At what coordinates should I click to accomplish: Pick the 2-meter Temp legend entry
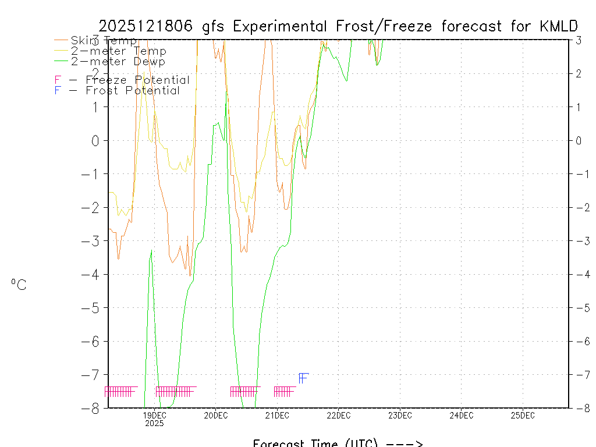click(118, 51)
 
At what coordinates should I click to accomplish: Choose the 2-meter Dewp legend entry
click(118, 62)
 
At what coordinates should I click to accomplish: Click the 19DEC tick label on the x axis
click(154, 416)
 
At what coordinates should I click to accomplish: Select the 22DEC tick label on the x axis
click(338, 416)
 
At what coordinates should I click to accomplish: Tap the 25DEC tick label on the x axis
click(523, 416)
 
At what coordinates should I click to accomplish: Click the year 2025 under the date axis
click(154, 424)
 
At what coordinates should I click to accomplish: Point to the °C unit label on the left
click(19, 285)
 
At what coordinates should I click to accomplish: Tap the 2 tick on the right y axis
click(579, 73)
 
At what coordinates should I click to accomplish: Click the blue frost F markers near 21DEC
click(303, 378)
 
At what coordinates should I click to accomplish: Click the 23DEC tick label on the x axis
click(400, 416)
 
